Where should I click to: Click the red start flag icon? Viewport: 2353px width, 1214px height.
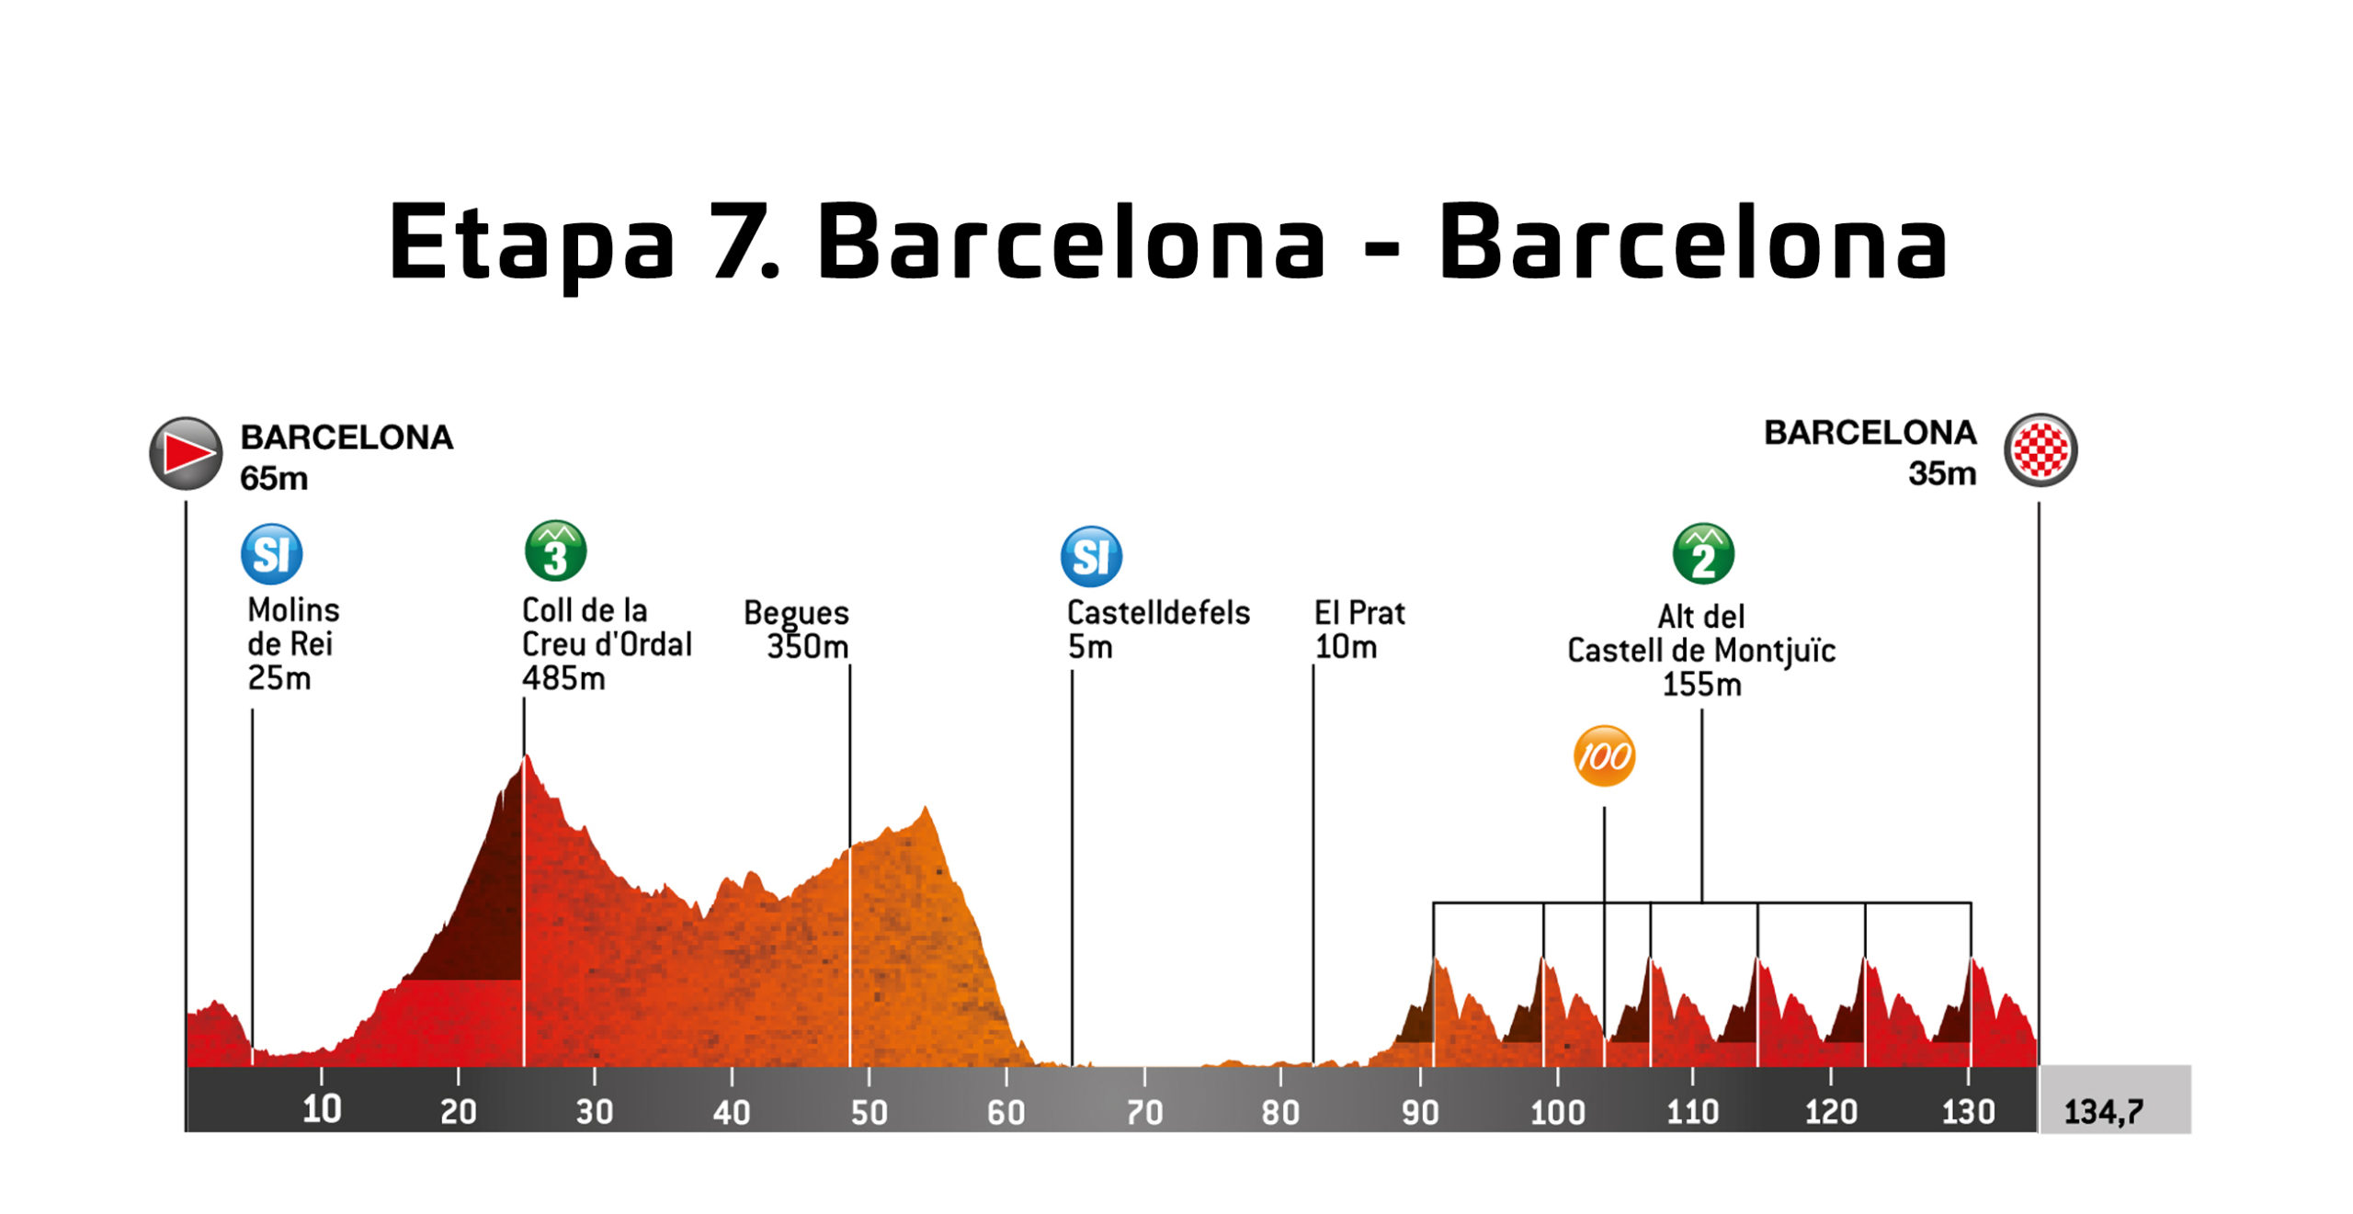pos(187,453)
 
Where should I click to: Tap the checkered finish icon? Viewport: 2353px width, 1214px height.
pos(2040,450)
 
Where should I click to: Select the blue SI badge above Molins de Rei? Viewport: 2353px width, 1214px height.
pos(271,554)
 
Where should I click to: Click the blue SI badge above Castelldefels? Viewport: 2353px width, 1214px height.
pos(1091,556)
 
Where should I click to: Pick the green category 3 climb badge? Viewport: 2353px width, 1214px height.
pos(555,551)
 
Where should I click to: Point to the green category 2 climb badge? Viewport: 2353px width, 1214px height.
pos(1702,554)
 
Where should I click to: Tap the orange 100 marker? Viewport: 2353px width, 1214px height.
pos(1604,756)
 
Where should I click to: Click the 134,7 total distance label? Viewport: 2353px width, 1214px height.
pos(2103,1112)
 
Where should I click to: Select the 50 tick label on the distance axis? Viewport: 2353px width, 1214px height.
pos(869,1113)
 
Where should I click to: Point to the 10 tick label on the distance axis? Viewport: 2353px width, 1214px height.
pos(322,1109)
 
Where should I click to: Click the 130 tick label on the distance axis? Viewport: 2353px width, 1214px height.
pos(1968,1112)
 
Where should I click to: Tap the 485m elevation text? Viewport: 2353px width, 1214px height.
pos(563,679)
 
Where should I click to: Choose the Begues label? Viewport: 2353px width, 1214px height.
pos(796,613)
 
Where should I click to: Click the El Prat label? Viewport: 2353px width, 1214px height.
pos(1359,613)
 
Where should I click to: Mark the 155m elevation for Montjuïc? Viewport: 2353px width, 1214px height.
pos(1701,685)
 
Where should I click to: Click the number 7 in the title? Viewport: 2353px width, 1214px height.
pos(741,242)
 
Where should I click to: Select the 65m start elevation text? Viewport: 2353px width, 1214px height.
pos(274,479)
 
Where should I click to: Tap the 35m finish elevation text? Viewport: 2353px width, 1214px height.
pos(1941,474)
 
